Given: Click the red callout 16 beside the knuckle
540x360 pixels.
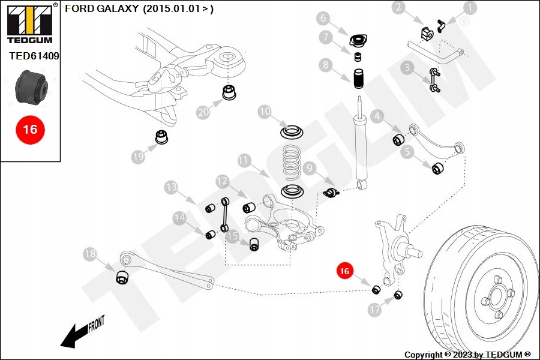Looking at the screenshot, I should tap(344, 271).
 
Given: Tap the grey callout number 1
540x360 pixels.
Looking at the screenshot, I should tap(469, 8).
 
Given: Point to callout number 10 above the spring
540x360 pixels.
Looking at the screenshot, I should tap(265, 112).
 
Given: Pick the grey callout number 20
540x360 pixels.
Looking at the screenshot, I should tap(203, 111).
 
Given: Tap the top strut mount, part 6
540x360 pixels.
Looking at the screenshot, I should tap(358, 41).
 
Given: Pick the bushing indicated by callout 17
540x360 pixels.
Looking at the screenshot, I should tap(398, 295).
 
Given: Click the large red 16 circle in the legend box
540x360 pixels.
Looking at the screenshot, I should tap(30, 129).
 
